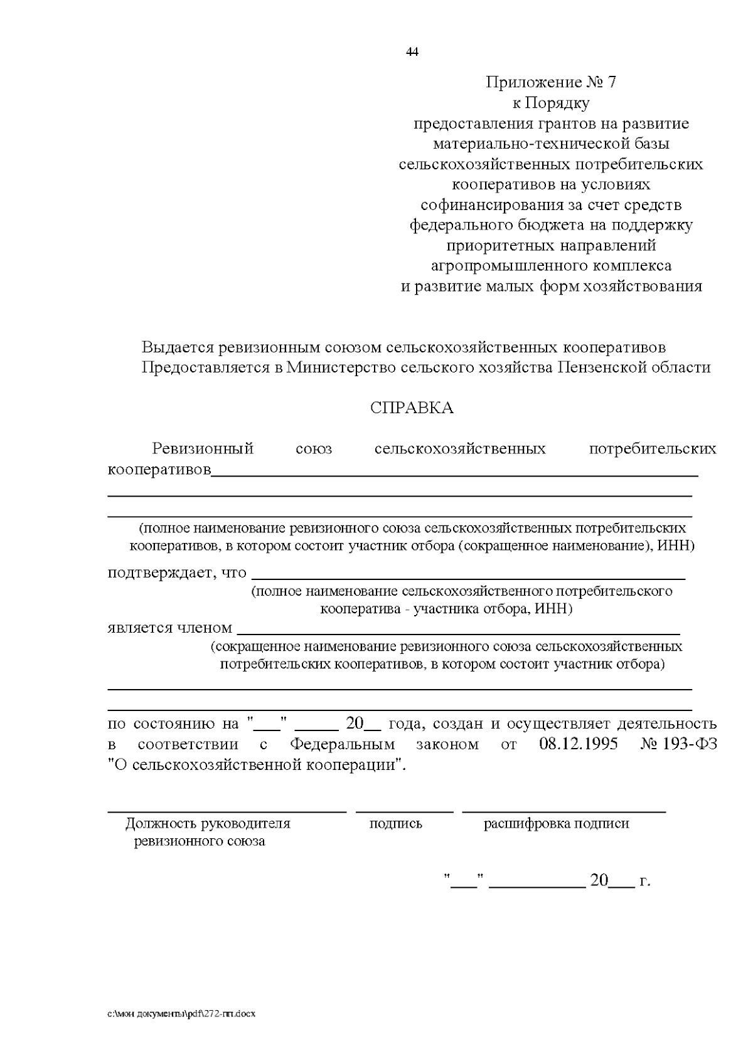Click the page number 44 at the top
point(412,52)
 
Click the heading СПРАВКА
point(412,408)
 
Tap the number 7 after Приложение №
point(612,82)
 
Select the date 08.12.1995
point(578,744)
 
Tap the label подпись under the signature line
point(395,823)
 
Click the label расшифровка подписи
point(556,823)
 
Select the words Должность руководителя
point(208,823)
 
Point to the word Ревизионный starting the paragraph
point(203,449)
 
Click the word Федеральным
point(343,744)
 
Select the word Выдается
point(178,347)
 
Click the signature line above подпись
point(405,811)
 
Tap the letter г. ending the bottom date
point(644,881)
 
